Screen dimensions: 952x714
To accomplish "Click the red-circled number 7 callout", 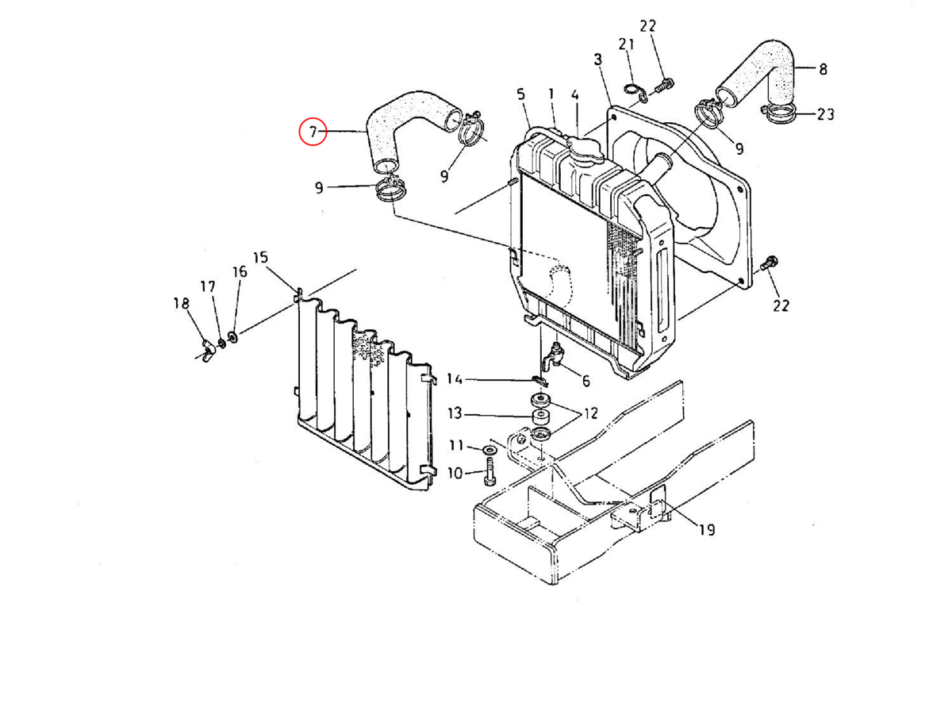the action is point(313,132).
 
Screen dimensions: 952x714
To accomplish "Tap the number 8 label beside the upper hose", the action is point(823,69).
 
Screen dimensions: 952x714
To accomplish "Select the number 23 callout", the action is point(825,114).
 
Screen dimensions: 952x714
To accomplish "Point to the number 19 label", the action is point(707,529).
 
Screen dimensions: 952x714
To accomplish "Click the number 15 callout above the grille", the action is point(260,258).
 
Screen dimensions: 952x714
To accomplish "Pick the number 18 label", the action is point(182,303).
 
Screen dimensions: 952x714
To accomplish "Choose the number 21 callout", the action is point(626,44).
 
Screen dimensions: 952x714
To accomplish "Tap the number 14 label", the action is point(455,379).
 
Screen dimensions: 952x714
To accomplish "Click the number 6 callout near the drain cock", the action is point(586,381).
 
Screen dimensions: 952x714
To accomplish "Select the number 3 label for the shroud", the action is point(598,59).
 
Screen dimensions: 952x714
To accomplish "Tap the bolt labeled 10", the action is point(489,474).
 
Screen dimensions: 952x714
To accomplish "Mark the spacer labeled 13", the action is point(540,417).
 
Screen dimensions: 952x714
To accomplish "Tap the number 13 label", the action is point(455,413).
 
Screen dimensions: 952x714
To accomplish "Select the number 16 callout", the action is point(240,272).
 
